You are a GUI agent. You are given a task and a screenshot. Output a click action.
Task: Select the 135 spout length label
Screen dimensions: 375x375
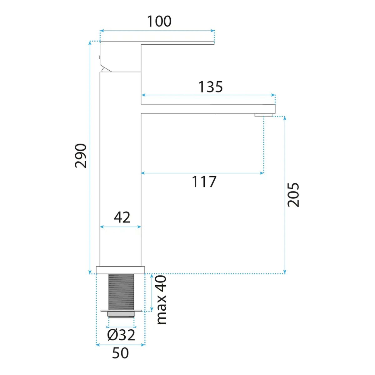click(x=210, y=87)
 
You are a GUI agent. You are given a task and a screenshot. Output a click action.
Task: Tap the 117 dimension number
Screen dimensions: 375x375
click(x=204, y=182)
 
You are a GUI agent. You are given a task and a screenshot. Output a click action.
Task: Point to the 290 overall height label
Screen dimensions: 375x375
click(x=81, y=156)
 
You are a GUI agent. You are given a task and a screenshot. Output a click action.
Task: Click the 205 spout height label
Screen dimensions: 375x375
click(x=293, y=195)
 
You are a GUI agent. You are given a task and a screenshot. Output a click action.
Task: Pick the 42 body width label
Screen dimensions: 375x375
click(x=122, y=217)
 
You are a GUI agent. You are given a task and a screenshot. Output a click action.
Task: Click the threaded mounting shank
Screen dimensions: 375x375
click(x=121, y=292)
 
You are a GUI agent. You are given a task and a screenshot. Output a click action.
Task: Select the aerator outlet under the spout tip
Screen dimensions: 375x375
click(x=263, y=115)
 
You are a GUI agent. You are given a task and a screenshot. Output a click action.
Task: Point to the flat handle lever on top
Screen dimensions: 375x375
click(x=157, y=43)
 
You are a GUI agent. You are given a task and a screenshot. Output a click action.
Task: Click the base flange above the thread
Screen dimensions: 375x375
click(x=120, y=270)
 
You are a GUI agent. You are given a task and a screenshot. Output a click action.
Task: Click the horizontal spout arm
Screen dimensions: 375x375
click(x=208, y=109)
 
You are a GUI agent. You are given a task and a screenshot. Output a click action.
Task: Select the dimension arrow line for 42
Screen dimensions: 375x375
click(x=120, y=227)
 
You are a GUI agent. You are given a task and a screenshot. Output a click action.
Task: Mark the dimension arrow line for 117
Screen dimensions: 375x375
click(x=202, y=173)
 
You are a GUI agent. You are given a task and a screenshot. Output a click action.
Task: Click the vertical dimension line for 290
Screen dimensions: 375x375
click(x=90, y=157)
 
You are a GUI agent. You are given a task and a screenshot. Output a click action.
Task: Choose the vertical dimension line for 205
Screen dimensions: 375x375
click(x=285, y=195)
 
